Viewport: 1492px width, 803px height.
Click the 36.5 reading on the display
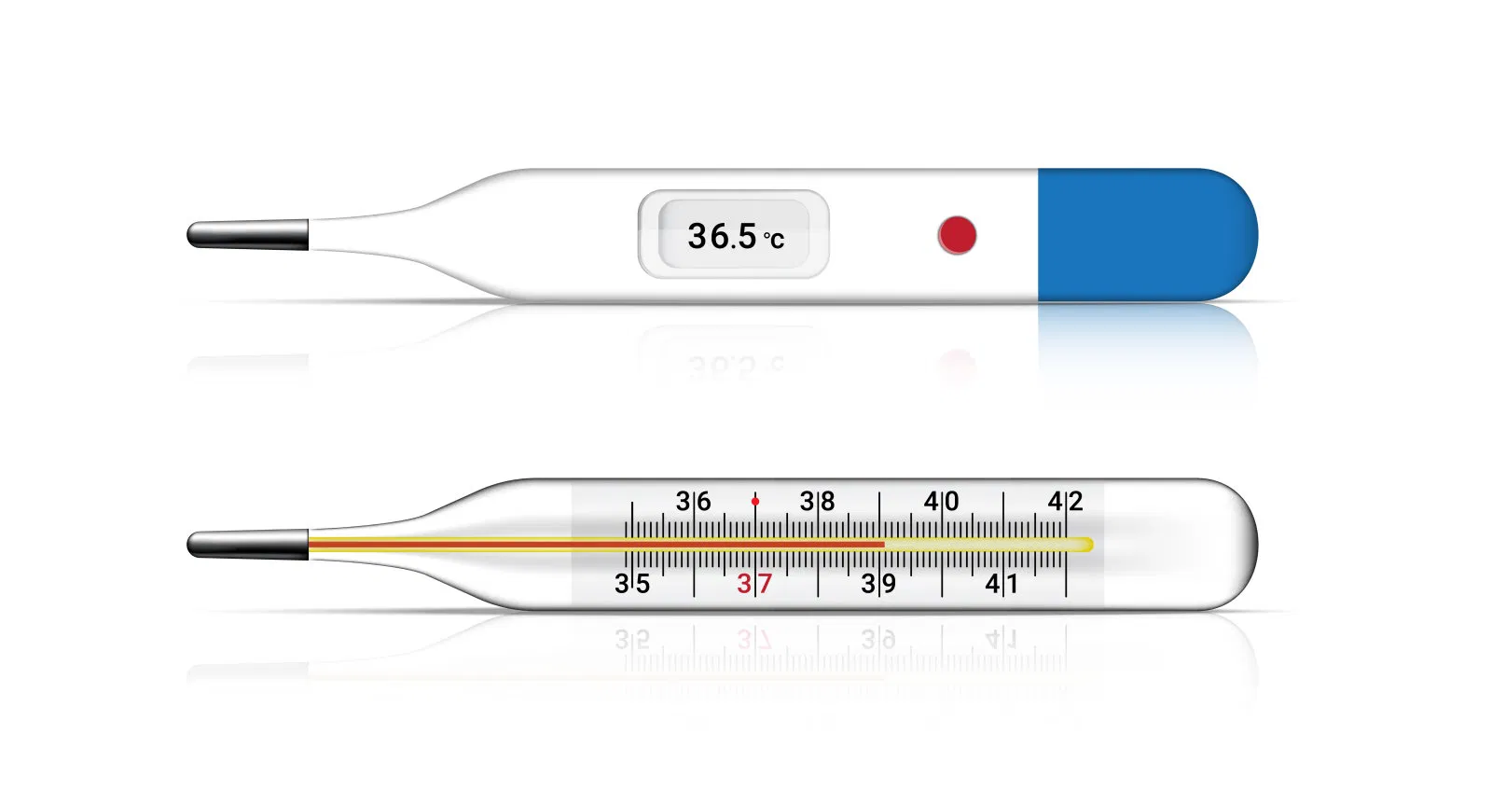(x=722, y=236)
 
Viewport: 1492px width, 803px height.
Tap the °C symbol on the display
(x=774, y=240)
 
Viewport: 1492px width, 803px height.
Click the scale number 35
(x=632, y=585)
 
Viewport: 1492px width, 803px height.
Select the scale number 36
(x=693, y=502)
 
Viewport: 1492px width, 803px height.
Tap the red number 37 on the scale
(x=754, y=585)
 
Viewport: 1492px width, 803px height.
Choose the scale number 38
(x=817, y=502)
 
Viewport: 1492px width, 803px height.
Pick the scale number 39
(x=878, y=585)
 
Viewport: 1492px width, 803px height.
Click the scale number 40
(x=941, y=502)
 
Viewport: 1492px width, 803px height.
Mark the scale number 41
(x=1002, y=585)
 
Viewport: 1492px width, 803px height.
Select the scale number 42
(x=1065, y=502)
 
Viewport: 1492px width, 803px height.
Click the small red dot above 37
(x=755, y=502)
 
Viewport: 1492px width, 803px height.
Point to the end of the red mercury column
(x=882, y=544)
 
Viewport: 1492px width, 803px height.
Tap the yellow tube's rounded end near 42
(x=1086, y=545)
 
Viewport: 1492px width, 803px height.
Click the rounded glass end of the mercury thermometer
(x=1231, y=545)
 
